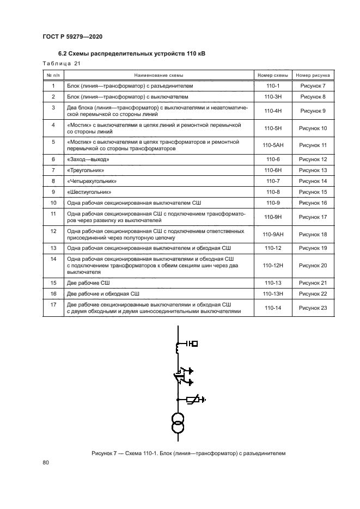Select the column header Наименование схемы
coord(158,75)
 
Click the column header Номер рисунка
coord(313,75)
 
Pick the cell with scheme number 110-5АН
coord(272,145)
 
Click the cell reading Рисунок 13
coord(313,170)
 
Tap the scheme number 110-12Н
coord(272,265)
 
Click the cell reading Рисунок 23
coord(313,308)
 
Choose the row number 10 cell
coord(53,203)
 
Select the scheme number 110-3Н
coord(272,97)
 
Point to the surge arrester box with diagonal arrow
coord(192,400)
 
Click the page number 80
coord(46,463)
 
